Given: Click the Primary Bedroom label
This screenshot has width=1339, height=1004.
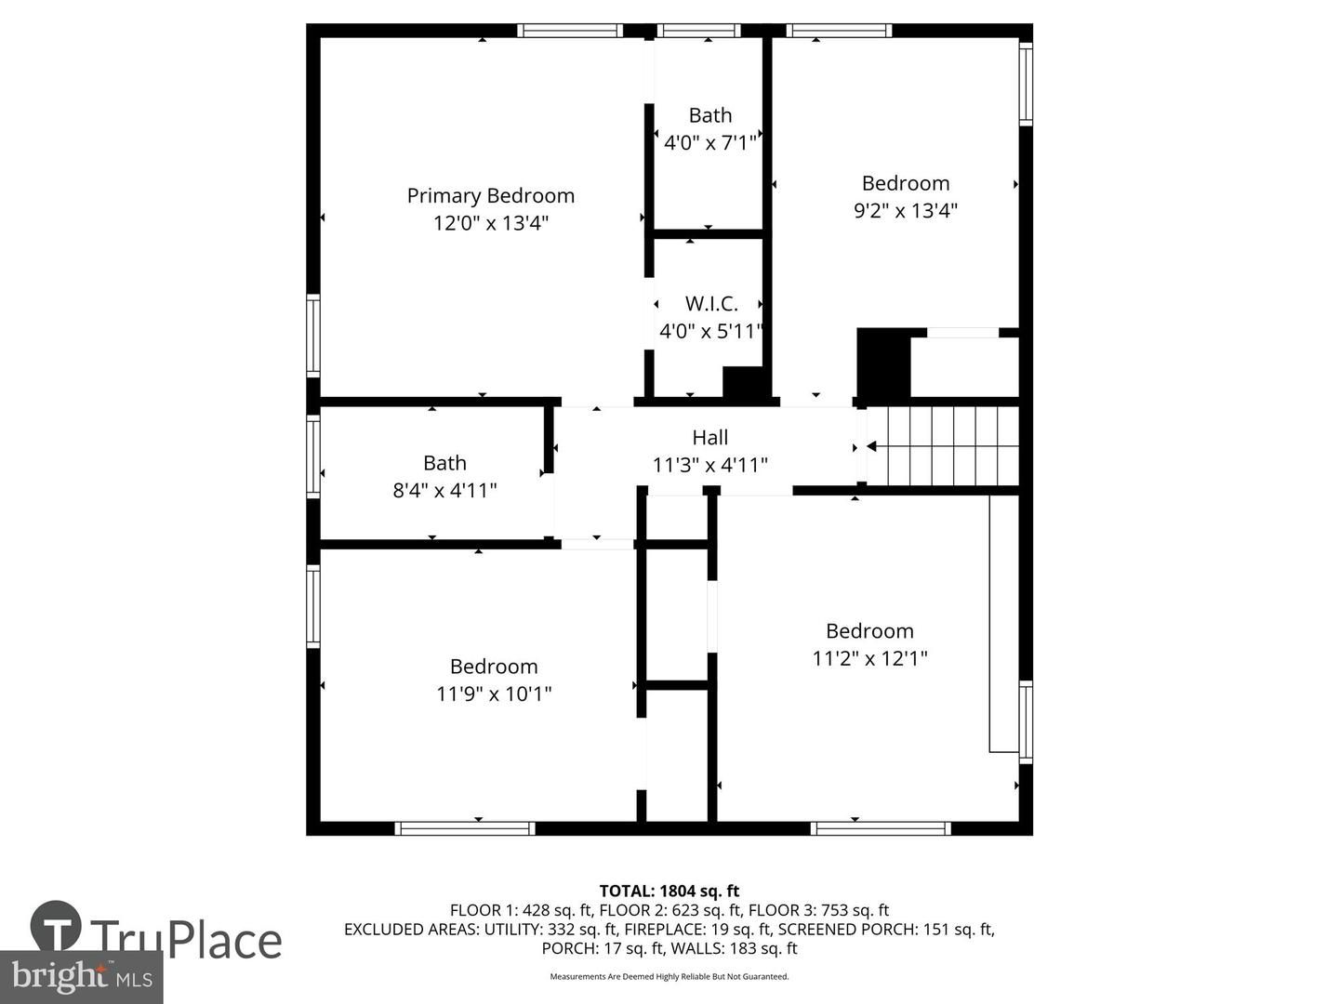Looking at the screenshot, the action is (x=490, y=196).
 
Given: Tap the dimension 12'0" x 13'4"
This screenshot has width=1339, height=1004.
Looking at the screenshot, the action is (x=490, y=223).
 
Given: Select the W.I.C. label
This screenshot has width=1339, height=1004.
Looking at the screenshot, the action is (x=711, y=304).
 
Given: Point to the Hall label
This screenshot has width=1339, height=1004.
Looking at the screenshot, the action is (x=710, y=437).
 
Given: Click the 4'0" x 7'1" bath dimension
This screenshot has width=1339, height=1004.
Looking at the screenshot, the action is (x=710, y=142).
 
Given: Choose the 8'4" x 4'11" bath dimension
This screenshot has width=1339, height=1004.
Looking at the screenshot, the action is (x=444, y=490).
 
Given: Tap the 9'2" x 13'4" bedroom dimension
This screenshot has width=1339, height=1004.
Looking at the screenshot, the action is (x=906, y=210).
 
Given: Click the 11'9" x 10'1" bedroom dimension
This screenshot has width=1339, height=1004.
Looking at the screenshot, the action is (x=494, y=694).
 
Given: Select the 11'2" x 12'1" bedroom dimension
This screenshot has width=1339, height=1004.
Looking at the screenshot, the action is (x=869, y=658).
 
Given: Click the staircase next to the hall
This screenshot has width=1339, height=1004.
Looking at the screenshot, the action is (x=943, y=446).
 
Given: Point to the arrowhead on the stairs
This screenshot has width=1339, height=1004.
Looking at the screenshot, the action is (x=871, y=446).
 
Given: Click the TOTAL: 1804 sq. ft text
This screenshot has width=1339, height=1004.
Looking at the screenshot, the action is (x=669, y=892).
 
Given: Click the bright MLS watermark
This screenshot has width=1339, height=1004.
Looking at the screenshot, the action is (x=81, y=977).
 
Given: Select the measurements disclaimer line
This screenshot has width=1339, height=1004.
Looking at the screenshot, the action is (x=669, y=976).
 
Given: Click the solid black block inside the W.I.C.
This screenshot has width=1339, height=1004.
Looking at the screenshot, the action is (x=743, y=382).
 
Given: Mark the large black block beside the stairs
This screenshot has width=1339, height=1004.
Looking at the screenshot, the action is (x=883, y=363).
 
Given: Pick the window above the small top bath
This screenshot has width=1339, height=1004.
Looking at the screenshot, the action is (x=698, y=31).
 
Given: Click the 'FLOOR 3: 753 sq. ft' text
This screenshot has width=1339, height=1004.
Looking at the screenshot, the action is (x=818, y=910).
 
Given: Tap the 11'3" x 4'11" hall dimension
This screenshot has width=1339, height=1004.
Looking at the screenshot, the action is (x=710, y=465).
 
